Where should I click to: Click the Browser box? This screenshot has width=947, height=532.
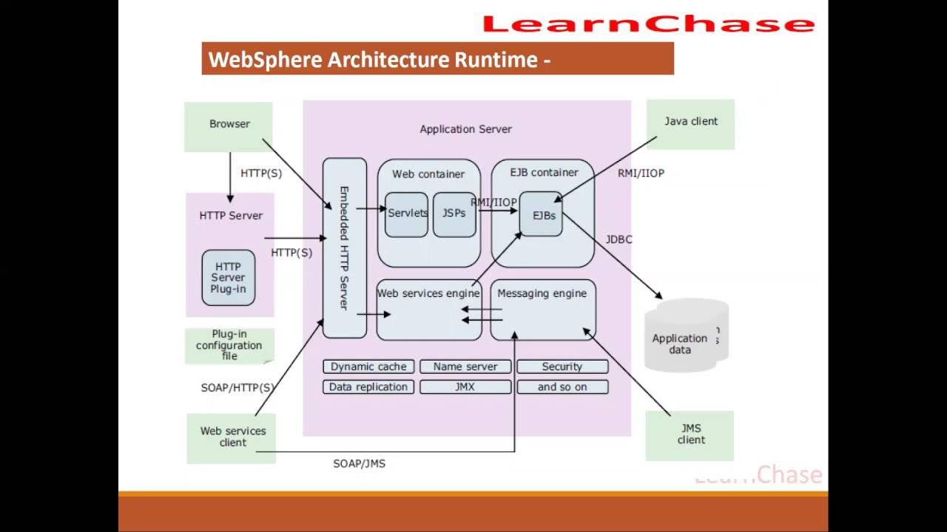point(229,126)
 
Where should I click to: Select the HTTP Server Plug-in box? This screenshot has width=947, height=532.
point(229,278)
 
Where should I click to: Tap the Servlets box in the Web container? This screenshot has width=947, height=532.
point(407,214)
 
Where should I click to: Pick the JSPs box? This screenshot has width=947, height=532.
point(454,214)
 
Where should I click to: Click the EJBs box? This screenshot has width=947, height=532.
point(541,214)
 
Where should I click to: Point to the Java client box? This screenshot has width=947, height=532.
point(690,124)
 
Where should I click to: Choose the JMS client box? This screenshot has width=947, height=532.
point(690,435)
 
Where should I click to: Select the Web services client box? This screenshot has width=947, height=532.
point(232,437)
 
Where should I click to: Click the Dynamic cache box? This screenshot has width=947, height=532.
point(368,366)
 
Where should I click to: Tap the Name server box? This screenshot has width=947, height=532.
point(465,366)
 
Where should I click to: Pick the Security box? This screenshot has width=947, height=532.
point(562,366)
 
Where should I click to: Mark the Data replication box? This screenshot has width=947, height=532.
point(368,386)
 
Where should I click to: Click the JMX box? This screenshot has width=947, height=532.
point(465,386)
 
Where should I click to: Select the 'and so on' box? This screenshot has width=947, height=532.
point(562,386)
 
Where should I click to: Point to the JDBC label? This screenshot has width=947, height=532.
point(619,239)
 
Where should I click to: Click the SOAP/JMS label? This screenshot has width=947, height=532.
point(359,463)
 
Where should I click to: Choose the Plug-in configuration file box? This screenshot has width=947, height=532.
point(229,345)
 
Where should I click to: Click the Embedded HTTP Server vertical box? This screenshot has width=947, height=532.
point(345,248)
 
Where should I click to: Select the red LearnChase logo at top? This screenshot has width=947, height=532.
point(648,24)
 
